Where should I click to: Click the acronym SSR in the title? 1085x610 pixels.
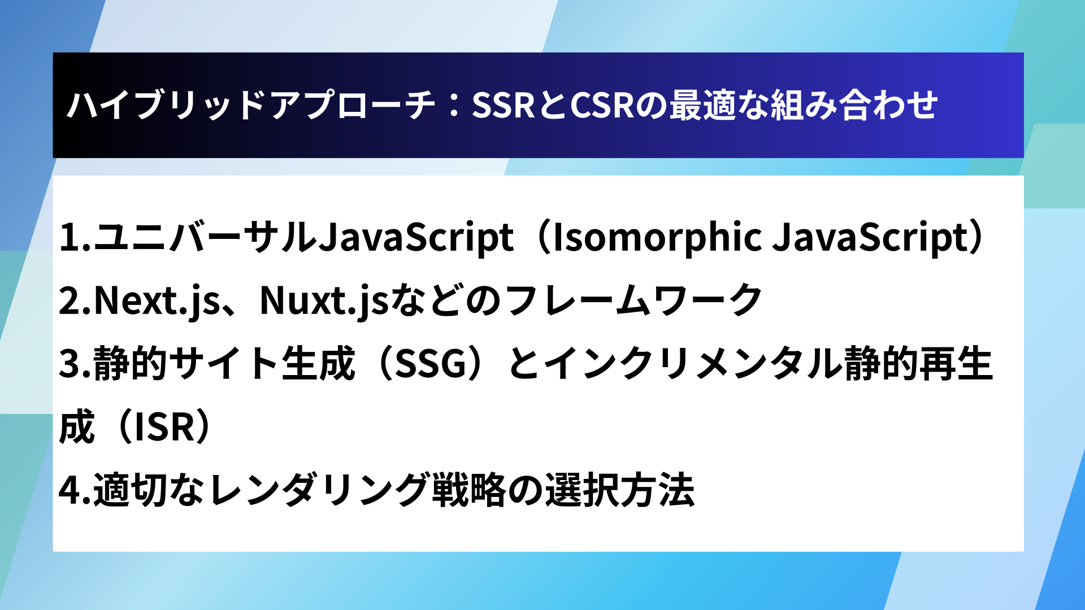pyautogui.click(x=503, y=105)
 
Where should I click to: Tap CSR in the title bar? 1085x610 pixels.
pyautogui.click(x=603, y=105)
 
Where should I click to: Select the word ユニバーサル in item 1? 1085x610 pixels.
pyautogui.click(x=205, y=237)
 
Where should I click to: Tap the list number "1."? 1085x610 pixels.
pyautogui.click(x=75, y=237)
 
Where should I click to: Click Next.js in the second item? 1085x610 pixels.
pyautogui.click(x=157, y=301)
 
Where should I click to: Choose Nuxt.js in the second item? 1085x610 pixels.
pyautogui.click(x=324, y=301)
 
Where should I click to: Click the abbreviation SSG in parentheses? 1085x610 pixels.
pyautogui.click(x=431, y=364)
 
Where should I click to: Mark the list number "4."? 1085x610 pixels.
pyautogui.click(x=75, y=490)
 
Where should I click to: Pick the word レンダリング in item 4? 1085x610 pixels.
pyautogui.click(x=318, y=490)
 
